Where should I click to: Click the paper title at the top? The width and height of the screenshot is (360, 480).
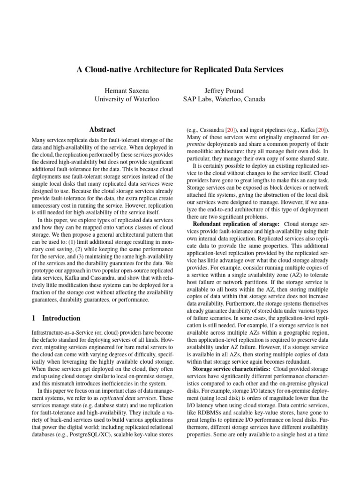pos(180,69)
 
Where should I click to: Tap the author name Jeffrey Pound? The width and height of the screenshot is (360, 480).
pos(224,90)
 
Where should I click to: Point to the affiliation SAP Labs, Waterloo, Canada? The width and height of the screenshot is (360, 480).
pos(224,99)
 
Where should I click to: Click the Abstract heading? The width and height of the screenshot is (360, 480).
pos(102,129)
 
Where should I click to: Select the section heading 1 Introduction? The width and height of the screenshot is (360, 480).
pos(56,318)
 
